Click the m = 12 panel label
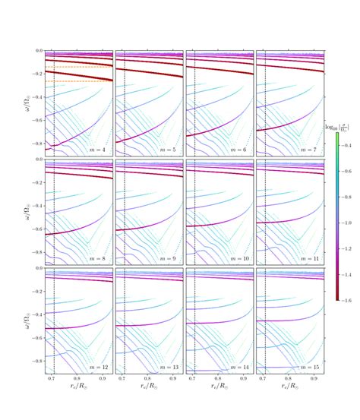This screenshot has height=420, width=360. [97, 368]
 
